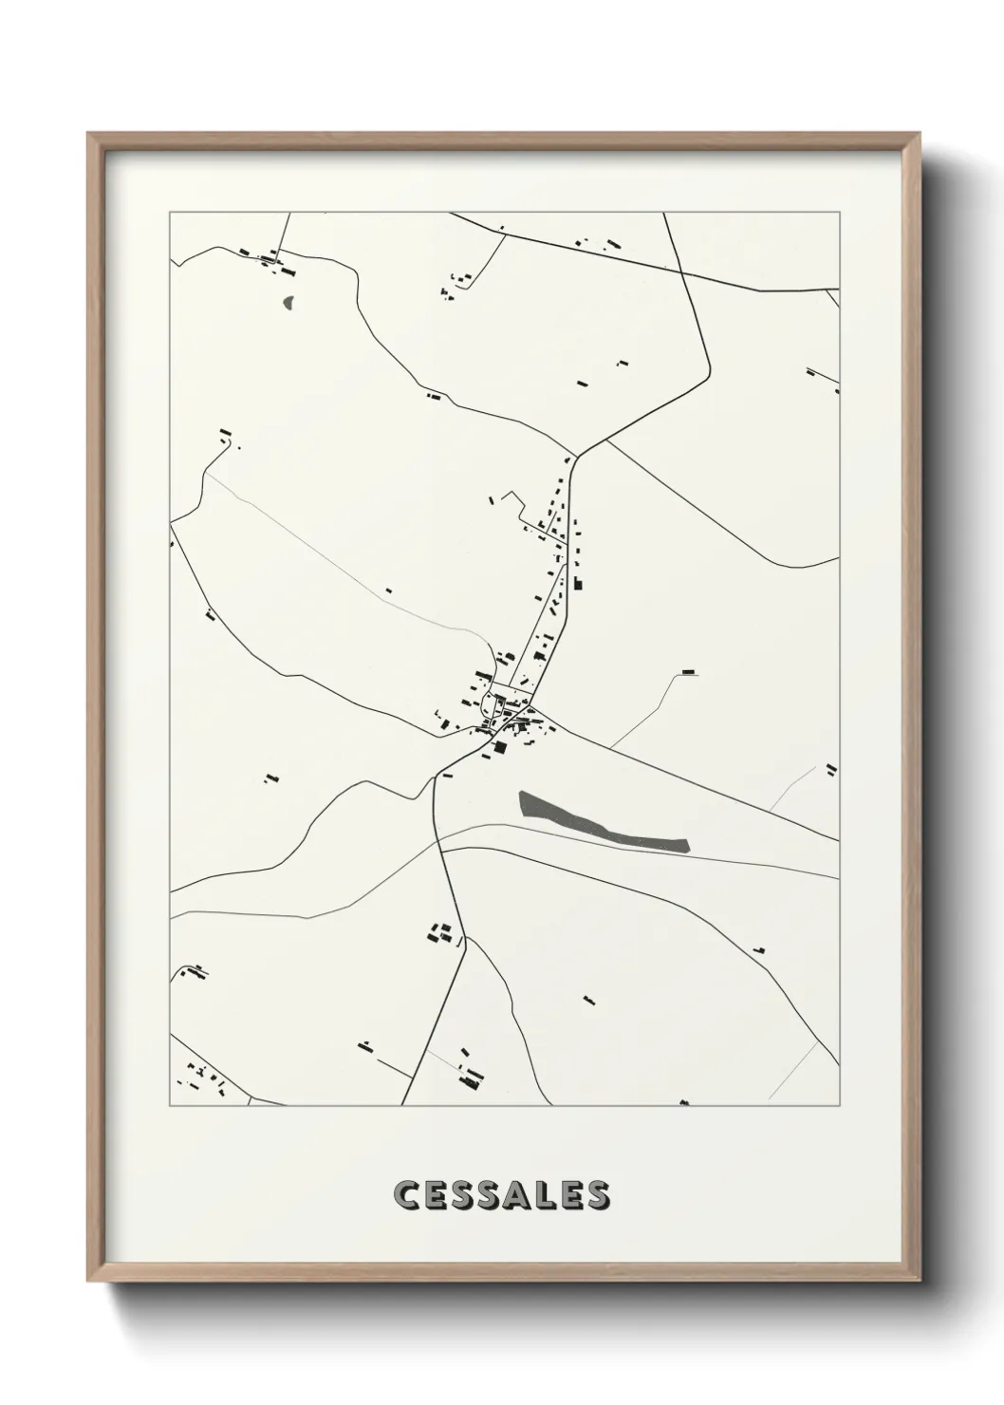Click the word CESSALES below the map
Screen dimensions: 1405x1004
click(501, 1195)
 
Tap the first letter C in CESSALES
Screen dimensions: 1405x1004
click(405, 1195)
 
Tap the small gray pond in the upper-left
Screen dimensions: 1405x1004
click(288, 303)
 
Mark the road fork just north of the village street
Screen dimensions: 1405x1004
click(576, 457)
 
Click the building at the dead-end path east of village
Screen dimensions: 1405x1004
click(689, 672)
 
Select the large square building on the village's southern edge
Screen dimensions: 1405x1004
click(496, 747)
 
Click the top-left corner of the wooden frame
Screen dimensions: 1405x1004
click(88, 135)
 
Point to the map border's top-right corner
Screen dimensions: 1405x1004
click(839, 213)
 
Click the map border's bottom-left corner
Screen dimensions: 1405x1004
click(170, 1106)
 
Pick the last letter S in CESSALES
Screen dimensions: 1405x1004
click(598, 1195)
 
